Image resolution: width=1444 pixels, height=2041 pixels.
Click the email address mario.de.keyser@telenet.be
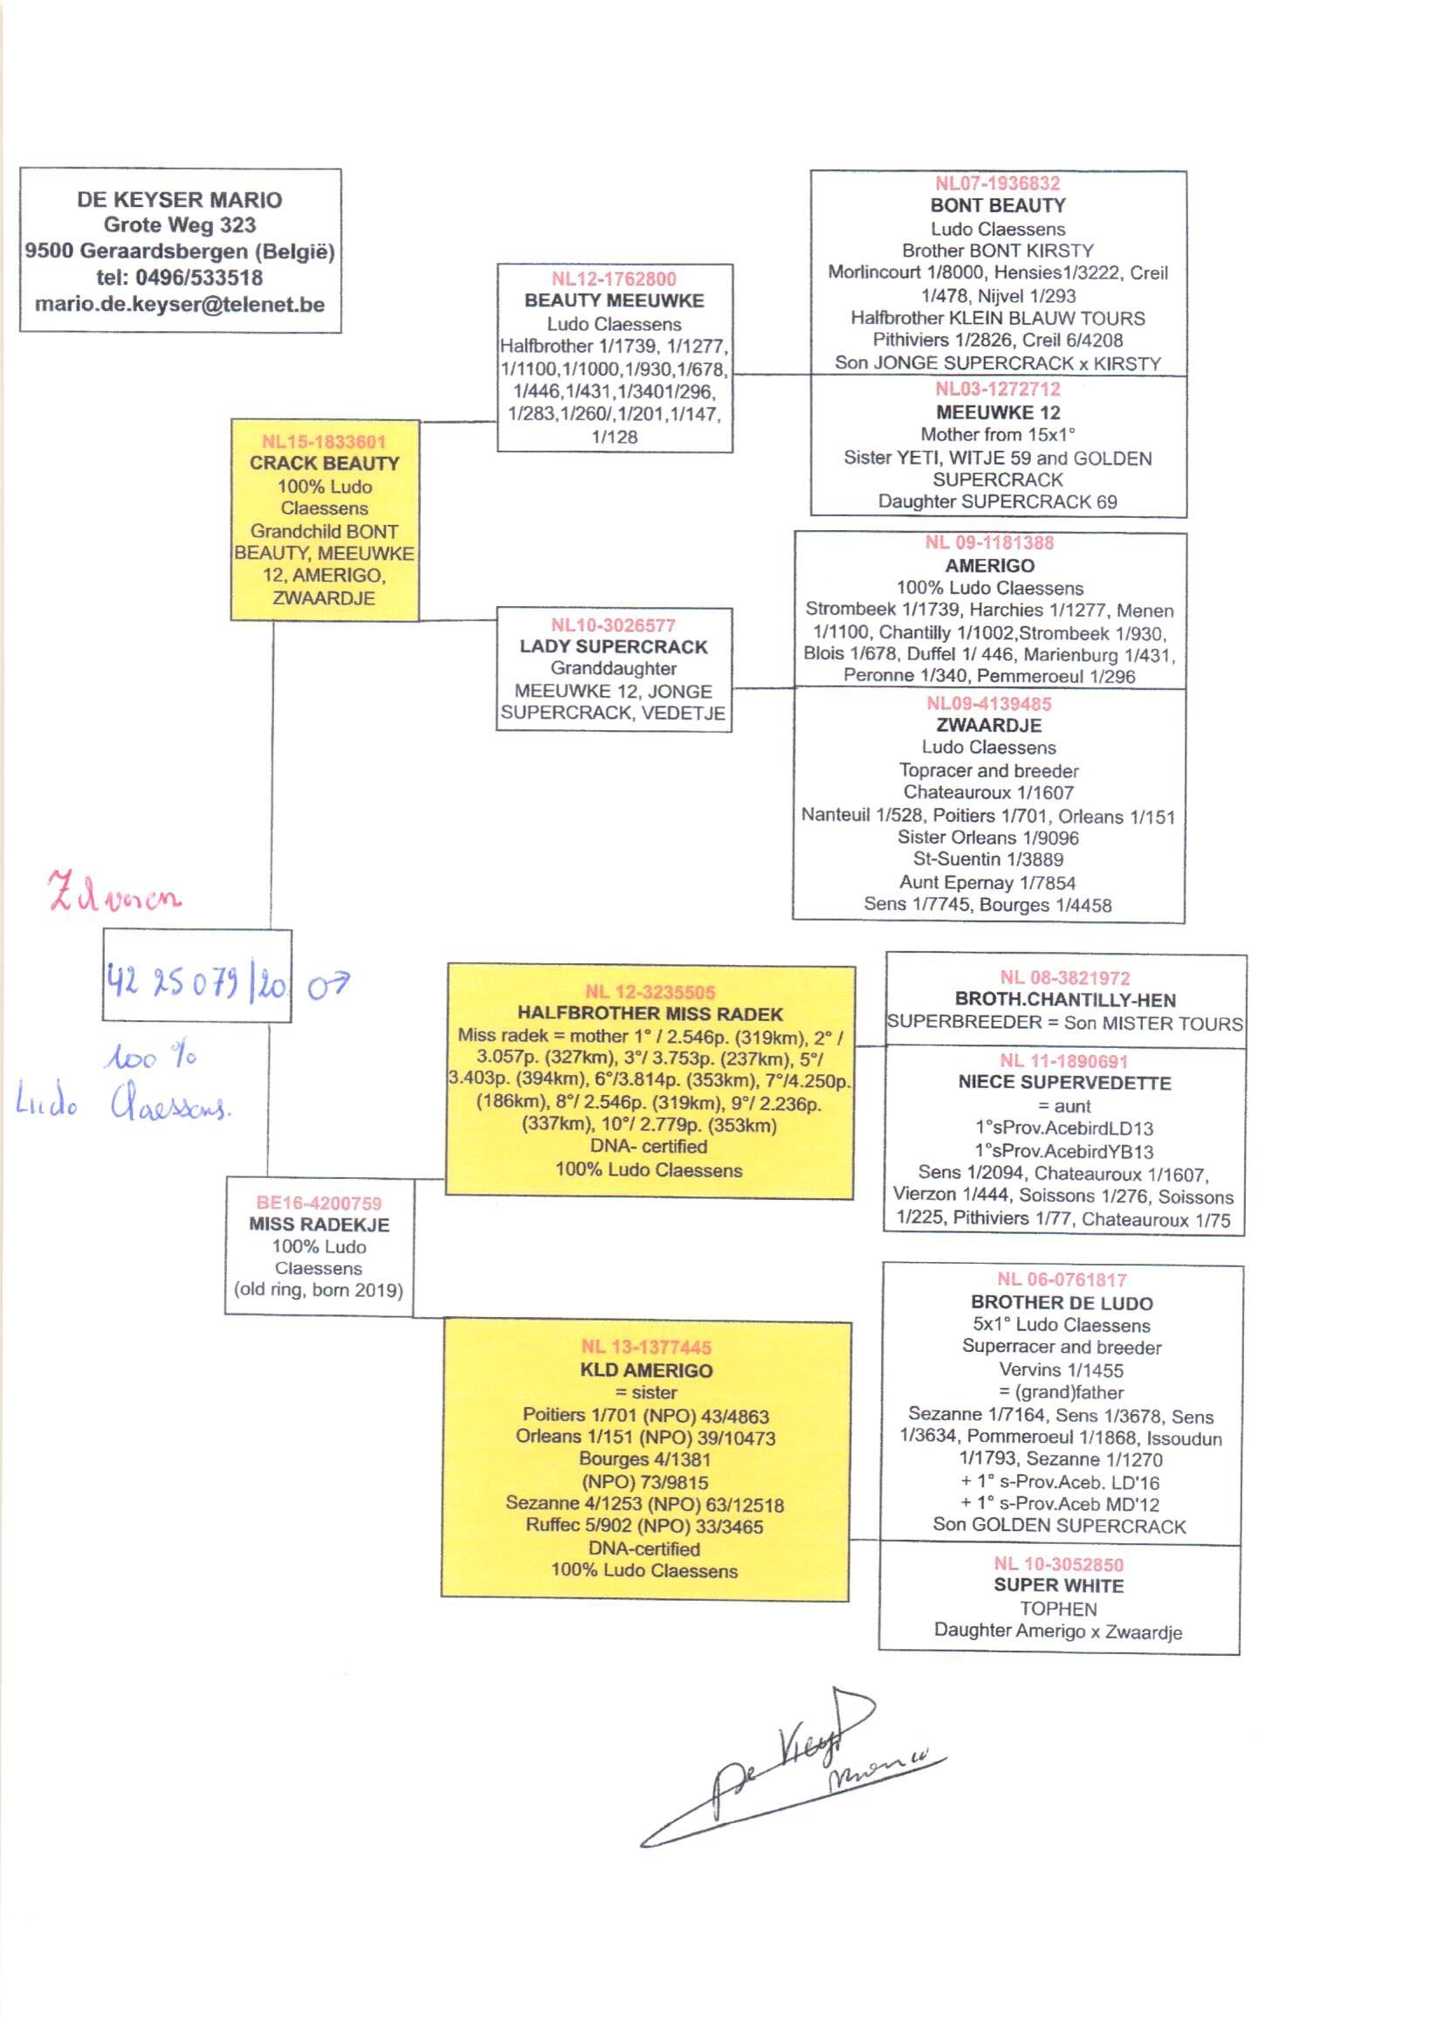point(180,304)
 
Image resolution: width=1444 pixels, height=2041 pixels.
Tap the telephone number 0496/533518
point(199,278)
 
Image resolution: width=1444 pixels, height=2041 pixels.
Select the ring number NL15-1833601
point(324,441)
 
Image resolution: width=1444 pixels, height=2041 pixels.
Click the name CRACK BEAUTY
point(324,464)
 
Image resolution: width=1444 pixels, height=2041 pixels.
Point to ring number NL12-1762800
point(614,279)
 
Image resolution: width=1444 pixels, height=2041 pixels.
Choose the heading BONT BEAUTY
point(998,205)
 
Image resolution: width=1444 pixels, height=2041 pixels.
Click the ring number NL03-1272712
point(998,389)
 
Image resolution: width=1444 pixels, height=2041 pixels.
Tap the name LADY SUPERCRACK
point(614,646)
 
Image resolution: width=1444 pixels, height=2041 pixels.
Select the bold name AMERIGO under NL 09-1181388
point(990,566)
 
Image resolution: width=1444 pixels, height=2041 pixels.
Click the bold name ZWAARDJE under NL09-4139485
point(989,725)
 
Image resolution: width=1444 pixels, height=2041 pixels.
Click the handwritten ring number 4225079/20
point(196,982)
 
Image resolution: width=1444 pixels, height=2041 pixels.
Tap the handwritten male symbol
point(328,984)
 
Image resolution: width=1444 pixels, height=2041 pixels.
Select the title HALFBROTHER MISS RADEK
point(650,1014)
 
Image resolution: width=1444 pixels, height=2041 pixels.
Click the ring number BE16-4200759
point(320,1203)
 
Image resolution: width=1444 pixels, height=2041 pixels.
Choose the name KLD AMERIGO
point(646,1370)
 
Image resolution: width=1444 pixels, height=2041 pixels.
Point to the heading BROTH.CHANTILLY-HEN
point(1065,1000)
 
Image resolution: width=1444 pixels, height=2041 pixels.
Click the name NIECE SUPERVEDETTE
point(1064,1082)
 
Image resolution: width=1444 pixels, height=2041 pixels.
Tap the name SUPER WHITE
point(1058,1586)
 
